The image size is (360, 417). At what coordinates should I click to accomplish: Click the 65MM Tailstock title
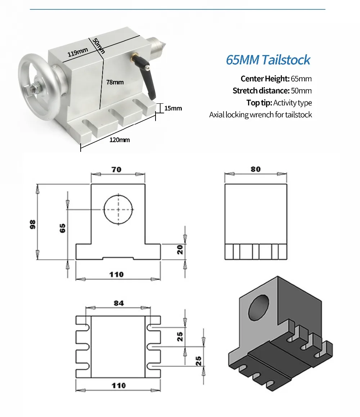point(268,59)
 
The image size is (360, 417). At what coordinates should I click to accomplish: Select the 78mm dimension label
point(115,82)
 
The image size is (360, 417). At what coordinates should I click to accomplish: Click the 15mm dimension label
point(173,108)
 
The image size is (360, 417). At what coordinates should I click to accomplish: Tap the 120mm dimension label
point(120,140)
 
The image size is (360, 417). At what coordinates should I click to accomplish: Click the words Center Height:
point(265,79)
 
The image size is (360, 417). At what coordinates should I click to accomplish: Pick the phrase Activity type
point(292,103)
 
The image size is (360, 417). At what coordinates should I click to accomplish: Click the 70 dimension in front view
point(116,169)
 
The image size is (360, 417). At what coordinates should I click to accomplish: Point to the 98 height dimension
point(33,224)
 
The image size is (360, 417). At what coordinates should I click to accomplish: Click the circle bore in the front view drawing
point(118,209)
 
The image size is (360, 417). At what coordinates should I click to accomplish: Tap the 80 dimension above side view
point(256,169)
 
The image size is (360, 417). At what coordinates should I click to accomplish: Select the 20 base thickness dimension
point(180,250)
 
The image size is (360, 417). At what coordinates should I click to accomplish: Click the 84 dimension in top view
point(119,303)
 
